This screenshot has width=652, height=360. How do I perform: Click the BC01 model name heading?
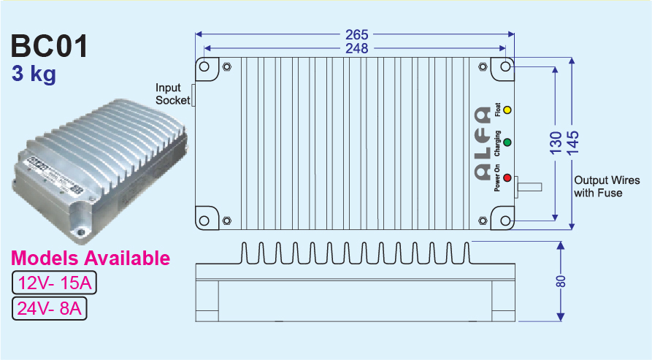coord(50,47)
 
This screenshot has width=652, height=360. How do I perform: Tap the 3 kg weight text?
coord(34,74)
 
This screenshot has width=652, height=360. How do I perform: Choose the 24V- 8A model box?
coord(50,309)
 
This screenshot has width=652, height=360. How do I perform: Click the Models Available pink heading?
coord(91,258)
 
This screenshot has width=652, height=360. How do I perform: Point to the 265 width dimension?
coord(357,34)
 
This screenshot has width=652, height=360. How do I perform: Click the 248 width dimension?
coord(357,48)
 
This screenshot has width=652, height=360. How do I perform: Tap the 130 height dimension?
coord(556,142)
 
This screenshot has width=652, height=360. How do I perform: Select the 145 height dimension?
coord(572,142)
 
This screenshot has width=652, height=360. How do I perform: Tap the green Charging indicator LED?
coord(507,143)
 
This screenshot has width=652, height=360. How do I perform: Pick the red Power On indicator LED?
coord(507,179)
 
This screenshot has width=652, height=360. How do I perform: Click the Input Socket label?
coord(172,94)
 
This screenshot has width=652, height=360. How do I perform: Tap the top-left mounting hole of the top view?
coord(204,67)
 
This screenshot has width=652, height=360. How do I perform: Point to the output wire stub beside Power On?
coord(530,187)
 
